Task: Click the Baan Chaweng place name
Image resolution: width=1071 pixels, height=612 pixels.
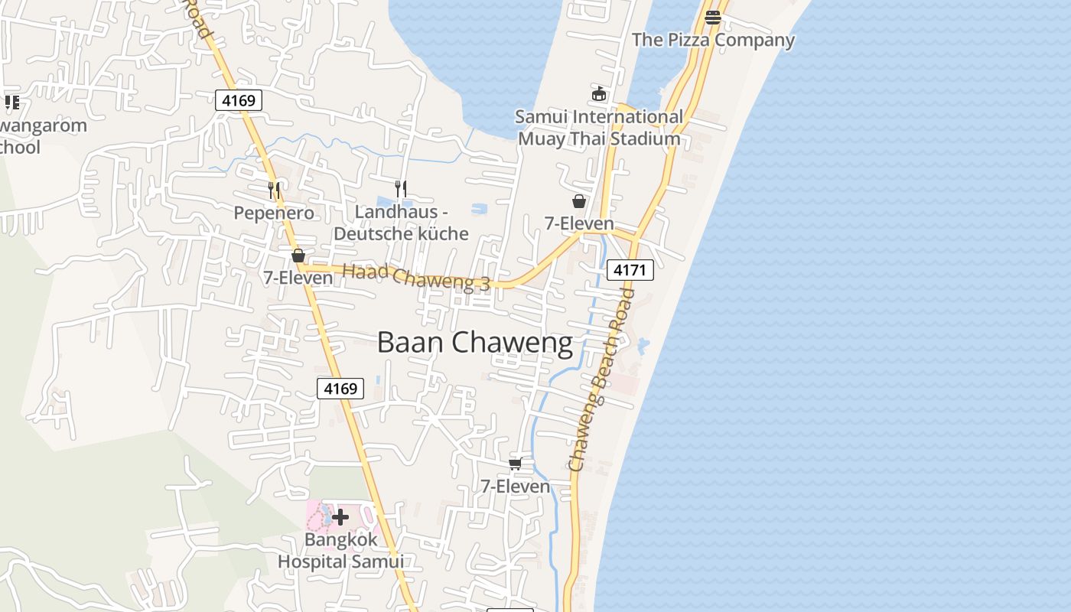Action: tap(474, 343)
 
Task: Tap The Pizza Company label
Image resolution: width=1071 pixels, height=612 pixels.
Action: tap(713, 40)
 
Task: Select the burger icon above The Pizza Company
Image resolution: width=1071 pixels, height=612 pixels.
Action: tap(713, 17)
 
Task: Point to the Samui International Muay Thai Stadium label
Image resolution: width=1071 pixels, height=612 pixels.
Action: tap(599, 128)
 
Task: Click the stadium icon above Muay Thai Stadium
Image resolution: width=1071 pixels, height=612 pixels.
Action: tap(599, 94)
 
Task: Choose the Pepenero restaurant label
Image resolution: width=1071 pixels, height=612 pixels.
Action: tap(274, 213)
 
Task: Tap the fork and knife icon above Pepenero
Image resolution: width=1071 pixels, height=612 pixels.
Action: tap(274, 189)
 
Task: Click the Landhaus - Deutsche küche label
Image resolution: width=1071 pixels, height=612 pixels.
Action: tap(401, 223)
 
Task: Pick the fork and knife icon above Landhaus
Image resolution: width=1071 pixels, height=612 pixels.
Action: tap(400, 188)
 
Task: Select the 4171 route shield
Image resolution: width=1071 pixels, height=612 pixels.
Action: tap(630, 269)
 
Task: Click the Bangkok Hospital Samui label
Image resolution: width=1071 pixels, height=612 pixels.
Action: tap(340, 550)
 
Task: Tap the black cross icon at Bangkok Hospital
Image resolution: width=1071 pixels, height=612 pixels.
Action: tap(340, 517)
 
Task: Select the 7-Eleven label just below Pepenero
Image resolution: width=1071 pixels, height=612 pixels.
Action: tap(298, 278)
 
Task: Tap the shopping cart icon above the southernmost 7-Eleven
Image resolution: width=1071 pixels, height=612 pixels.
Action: tap(516, 464)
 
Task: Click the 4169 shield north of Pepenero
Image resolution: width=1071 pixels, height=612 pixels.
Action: tap(239, 100)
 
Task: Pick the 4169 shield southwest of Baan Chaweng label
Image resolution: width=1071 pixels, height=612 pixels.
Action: tap(340, 388)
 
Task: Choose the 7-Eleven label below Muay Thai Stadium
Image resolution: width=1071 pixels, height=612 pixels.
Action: tap(579, 223)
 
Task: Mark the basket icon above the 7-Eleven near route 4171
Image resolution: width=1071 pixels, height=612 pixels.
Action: tap(579, 201)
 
